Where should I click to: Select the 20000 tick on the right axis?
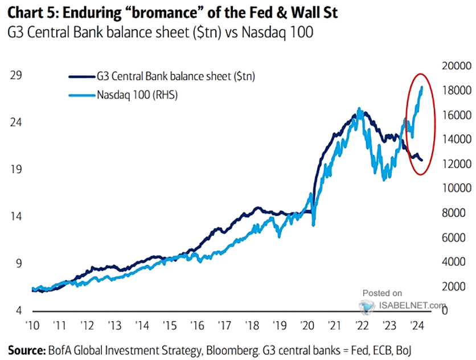click(x=454, y=66)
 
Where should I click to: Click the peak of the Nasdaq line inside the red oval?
click(x=421, y=87)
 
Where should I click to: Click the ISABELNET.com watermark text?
click(x=412, y=305)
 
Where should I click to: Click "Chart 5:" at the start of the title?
click(x=30, y=11)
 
